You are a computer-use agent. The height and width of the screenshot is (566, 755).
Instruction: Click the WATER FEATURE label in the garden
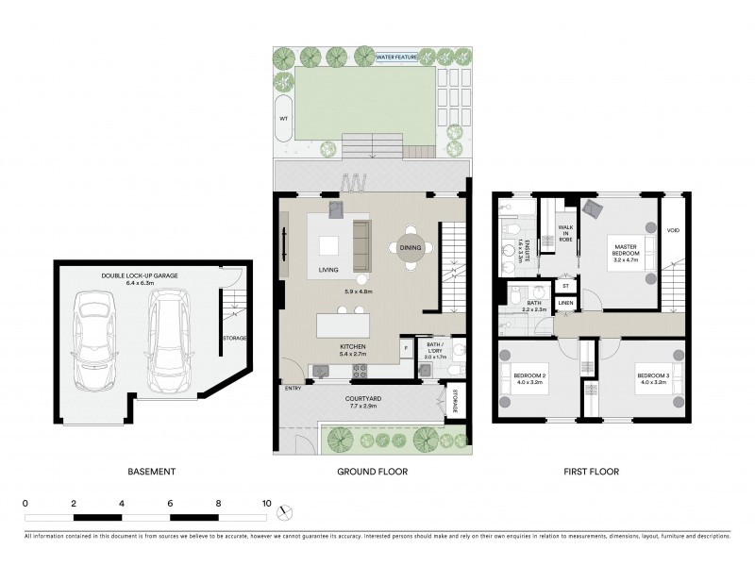click(x=397, y=58)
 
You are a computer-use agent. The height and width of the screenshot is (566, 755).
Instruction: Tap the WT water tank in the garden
click(x=283, y=119)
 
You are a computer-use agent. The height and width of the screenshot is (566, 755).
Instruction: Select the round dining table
click(x=411, y=248)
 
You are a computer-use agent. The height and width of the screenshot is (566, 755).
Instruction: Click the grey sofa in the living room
click(x=361, y=243)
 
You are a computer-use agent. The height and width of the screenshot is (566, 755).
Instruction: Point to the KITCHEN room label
click(x=353, y=347)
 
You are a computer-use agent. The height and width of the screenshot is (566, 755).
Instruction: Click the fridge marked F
click(x=406, y=348)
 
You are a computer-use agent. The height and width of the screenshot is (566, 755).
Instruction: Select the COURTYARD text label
click(x=363, y=398)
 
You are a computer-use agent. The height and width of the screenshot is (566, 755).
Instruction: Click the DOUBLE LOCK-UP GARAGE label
click(x=140, y=275)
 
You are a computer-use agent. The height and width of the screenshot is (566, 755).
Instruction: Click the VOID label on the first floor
click(x=673, y=231)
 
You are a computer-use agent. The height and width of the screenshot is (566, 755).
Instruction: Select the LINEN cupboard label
click(x=564, y=303)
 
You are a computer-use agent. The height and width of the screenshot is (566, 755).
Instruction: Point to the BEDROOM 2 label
click(x=529, y=379)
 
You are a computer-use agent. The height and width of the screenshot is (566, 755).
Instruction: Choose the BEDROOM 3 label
click(x=651, y=379)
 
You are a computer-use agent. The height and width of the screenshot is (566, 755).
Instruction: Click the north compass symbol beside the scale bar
click(x=286, y=510)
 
